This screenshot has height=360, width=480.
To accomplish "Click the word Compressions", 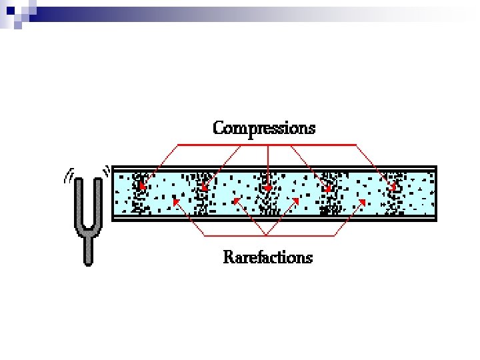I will pyautogui.click(x=264, y=128).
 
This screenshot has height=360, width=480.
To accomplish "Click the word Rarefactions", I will pyautogui.click(x=267, y=257).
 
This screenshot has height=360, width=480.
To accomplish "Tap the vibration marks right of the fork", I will pyautogui.click(x=106, y=172).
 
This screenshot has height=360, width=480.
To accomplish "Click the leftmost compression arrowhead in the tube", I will pyautogui.click(x=142, y=187).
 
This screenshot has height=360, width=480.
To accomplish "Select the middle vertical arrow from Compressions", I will pyautogui.click(x=267, y=167).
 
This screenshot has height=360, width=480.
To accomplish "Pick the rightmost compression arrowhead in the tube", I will pyautogui.click(x=393, y=187).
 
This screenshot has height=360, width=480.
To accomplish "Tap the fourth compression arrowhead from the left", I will pyautogui.click(x=327, y=189).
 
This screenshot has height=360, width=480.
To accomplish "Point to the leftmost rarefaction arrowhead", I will pyautogui.click(x=175, y=198).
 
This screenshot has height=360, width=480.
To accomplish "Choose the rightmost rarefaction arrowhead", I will pyautogui.click(x=361, y=198).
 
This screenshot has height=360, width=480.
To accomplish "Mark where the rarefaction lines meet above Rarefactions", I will pyautogui.click(x=265, y=235).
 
